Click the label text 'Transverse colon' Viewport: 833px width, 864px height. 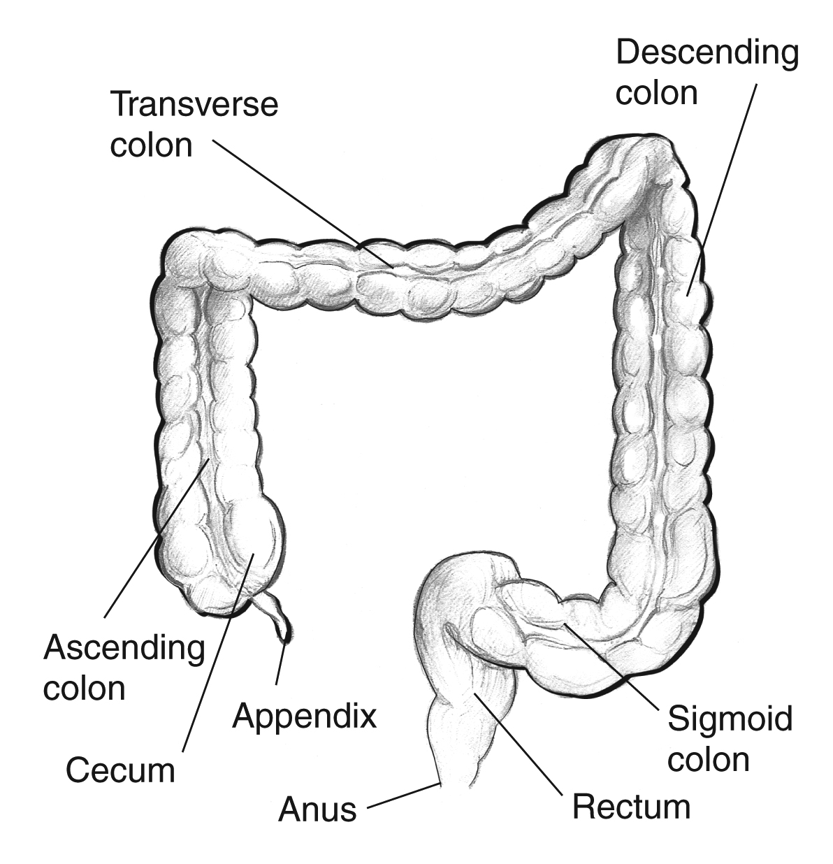pos(194,124)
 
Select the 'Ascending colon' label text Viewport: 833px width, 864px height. pos(124,668)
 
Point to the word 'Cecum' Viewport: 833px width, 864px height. pos(119,770)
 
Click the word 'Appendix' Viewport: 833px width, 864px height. pos(304,715)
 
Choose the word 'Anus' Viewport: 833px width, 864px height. pos(317,809)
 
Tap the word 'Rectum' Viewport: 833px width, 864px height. pos(631,807)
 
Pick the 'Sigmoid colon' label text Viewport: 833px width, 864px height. pos(730,738)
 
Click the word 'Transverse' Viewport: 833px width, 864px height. pos(194,105)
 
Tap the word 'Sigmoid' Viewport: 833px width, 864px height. pos(730,719)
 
